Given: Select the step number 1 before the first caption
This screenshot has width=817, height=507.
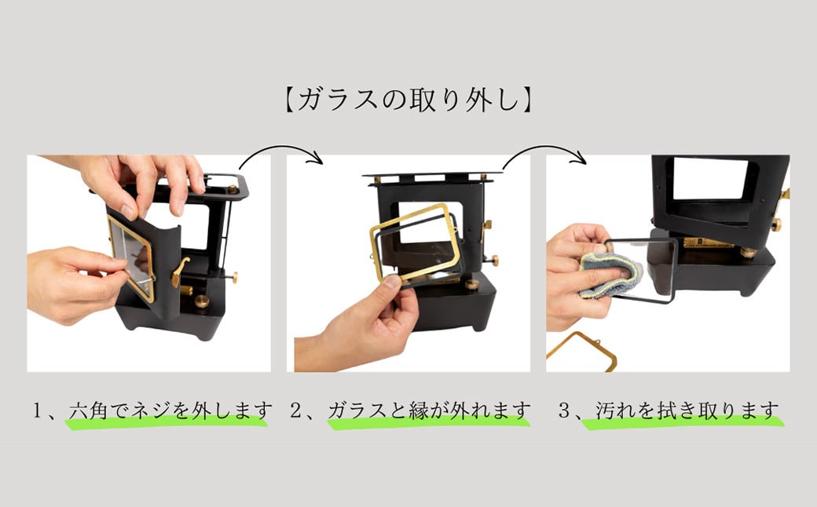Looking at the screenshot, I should click(38, 410).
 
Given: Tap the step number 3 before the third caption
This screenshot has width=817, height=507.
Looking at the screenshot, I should click(562, 410).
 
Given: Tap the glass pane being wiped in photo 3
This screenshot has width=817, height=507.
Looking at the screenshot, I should click(652, 267).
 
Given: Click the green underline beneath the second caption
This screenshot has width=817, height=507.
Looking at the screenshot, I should click(428, 424).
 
